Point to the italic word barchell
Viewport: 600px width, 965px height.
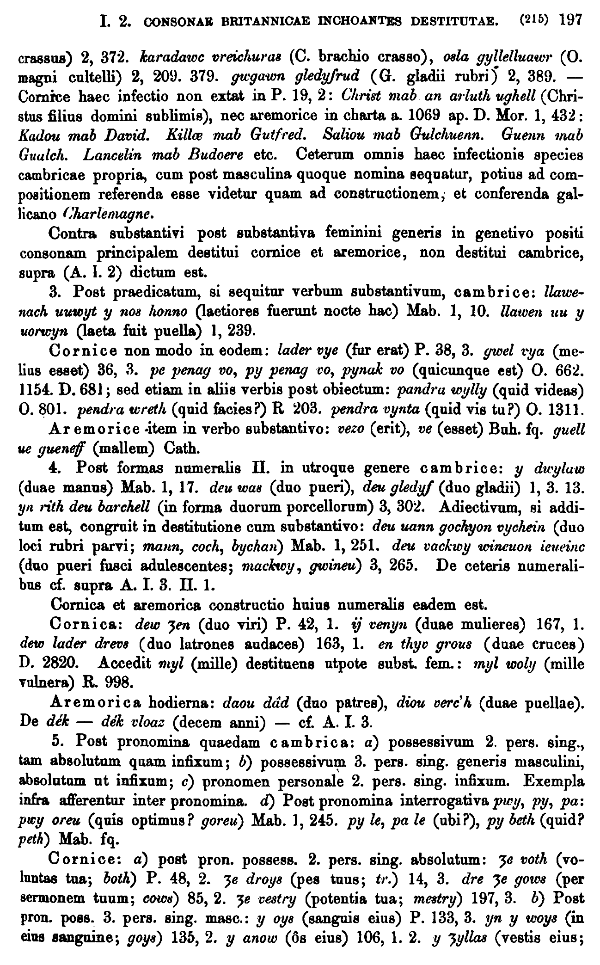[x=124, y=507]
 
